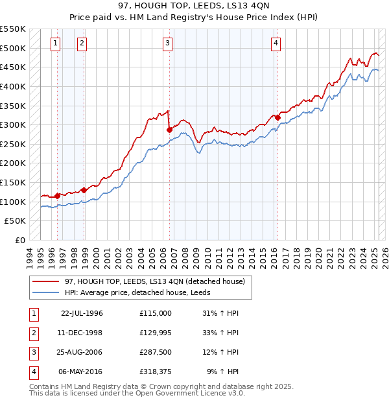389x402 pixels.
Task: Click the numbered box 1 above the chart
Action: pyautogui.click(x=55, y=43)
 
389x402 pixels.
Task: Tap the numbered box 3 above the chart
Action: pyautogui.click(x=167, y=43)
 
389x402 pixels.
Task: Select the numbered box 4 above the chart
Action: pyautogui.click(x=276, y=43)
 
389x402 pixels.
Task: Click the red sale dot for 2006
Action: pyautogui.click(x=170, y=130)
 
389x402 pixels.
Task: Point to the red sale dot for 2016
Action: pyautogui.click(x=278, y=117)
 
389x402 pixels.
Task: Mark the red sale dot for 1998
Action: pyautogui.click(x=84, y=190)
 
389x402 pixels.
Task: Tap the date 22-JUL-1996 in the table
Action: pyautogui.click(x=82, y=313)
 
